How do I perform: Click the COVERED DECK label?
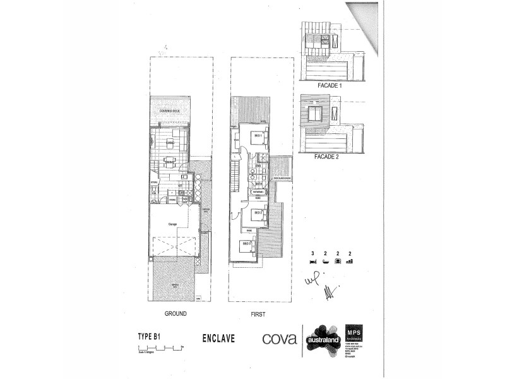[170, 111]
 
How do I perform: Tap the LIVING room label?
[170, 143]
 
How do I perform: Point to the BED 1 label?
[258, 135]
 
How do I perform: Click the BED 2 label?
[258, 213]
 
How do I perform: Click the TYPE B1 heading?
[151, 337]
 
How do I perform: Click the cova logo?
[278, 338]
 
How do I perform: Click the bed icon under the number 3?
[313, 260]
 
